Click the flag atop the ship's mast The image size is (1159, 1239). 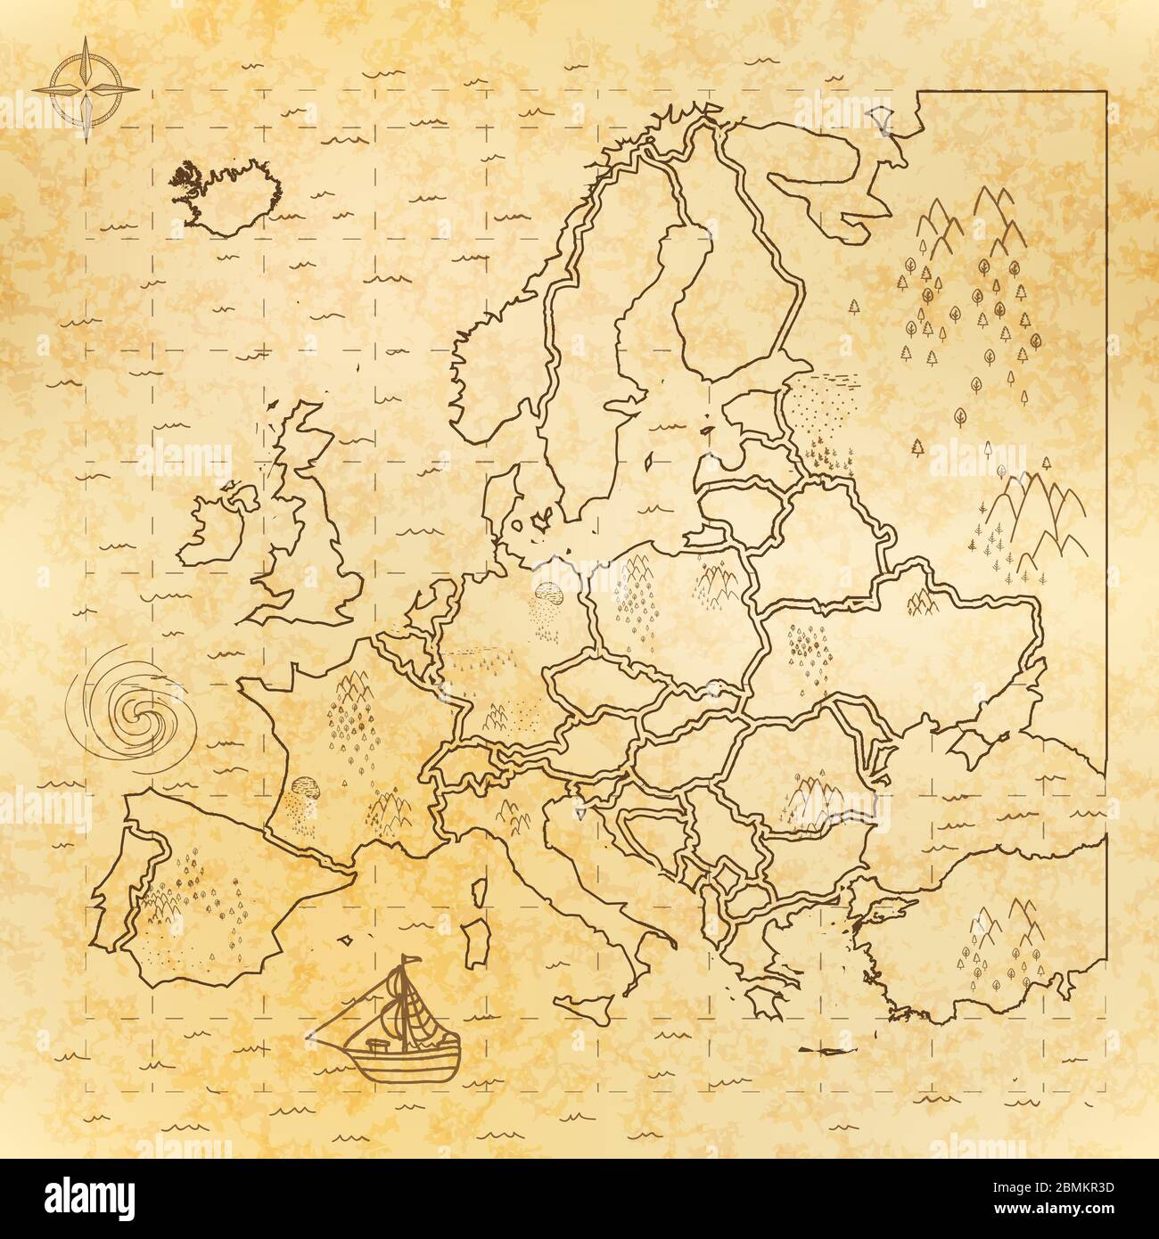coord(411,959)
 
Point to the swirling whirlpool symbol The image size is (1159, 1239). coord(136,709)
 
